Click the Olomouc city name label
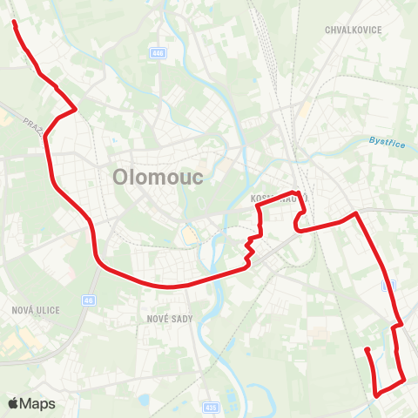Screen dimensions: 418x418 tap(158, 178)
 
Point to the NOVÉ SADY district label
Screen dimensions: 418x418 tap(169, 320)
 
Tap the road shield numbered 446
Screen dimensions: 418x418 tap(158, 54)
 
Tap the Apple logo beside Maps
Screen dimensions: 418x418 tap(14, 403)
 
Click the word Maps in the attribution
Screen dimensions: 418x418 tap(38, 404)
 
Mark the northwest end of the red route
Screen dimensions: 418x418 tap(15, 23)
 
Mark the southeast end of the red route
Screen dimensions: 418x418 tap(367, 350)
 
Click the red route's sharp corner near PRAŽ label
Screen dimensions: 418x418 tap(76, 109)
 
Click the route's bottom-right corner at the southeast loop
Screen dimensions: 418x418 tap(405, 380)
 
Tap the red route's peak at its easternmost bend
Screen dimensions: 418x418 tap(355, 212)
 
